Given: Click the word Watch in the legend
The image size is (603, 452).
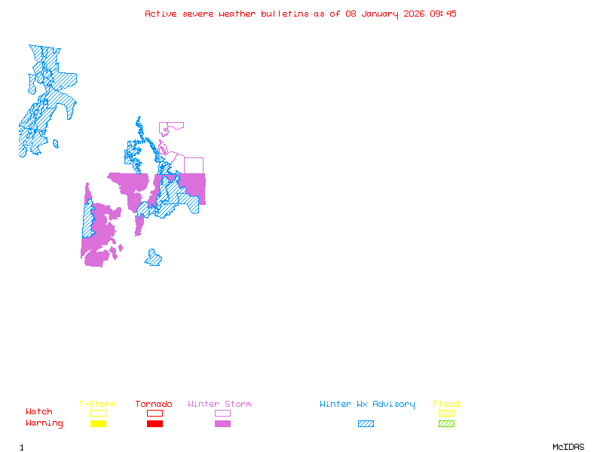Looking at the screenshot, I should pyautogui.click(x=39, y=412).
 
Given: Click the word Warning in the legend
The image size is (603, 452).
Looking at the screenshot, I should pyautogui.click(x=44, y=423).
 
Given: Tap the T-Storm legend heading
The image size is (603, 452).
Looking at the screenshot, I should pyautogui.click(x=97, y=405).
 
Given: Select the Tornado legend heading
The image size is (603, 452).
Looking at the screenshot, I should pyautogui.click(x=154, y=405).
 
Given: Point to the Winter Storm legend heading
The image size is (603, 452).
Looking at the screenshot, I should pyautogui.click(x=219, y=405).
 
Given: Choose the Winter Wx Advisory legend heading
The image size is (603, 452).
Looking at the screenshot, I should pyautogui.click(x=367, y=405).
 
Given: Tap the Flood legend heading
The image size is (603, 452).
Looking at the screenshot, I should pyautogui.click(x=446, y=405).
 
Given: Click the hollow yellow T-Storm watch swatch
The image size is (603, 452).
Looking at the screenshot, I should pyautogui.click(x=98, y=413).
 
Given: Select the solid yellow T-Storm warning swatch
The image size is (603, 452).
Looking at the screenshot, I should pyautogui.click(x=98, y=423).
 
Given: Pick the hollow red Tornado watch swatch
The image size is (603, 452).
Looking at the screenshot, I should pyautogui.click(x=155, y=413).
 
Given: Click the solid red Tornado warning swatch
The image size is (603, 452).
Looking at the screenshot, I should pyautogui.click(x=155, y=423).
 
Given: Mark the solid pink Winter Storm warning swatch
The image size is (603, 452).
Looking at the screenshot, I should pyautogui.click(x=222, y=423).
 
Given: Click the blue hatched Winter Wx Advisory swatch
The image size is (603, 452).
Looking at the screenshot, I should pyautogui.click(x=366, y=423).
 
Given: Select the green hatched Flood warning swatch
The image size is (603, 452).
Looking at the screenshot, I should pyautogui.click(x=446, y=423).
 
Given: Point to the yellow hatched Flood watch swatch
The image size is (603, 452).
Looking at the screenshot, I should pyautogui.click(x=446, y=413).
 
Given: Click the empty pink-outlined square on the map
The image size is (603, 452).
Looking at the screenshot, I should pyautogui.click(x=194, y=166).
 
